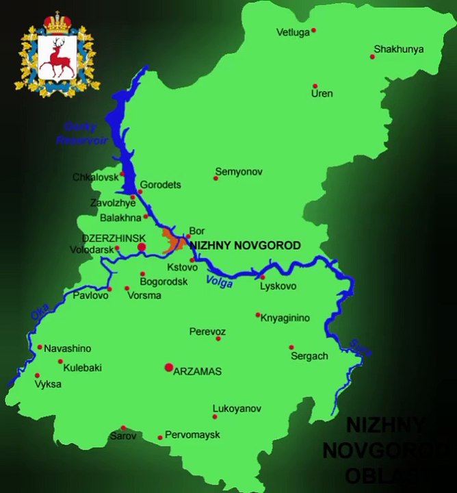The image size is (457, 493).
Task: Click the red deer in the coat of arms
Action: click(56, 58)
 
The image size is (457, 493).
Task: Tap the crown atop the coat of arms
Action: click(57, 21)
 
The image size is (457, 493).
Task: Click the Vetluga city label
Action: click(292, 32)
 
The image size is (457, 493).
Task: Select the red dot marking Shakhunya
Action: click(373, 56)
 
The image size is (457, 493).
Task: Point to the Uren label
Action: click(322, 93)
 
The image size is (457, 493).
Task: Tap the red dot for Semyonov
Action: click(216, 178)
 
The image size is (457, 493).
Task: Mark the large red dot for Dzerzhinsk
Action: click(142, 246)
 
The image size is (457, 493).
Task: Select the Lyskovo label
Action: click(278, 286)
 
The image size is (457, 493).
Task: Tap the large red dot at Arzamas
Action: click(168, 368)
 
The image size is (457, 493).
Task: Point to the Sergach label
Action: click(309, 356)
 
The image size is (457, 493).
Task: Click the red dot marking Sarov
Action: click(124, 428)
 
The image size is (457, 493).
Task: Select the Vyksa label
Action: click(48, 384)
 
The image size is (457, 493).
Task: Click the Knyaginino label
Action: click(285, 318)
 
